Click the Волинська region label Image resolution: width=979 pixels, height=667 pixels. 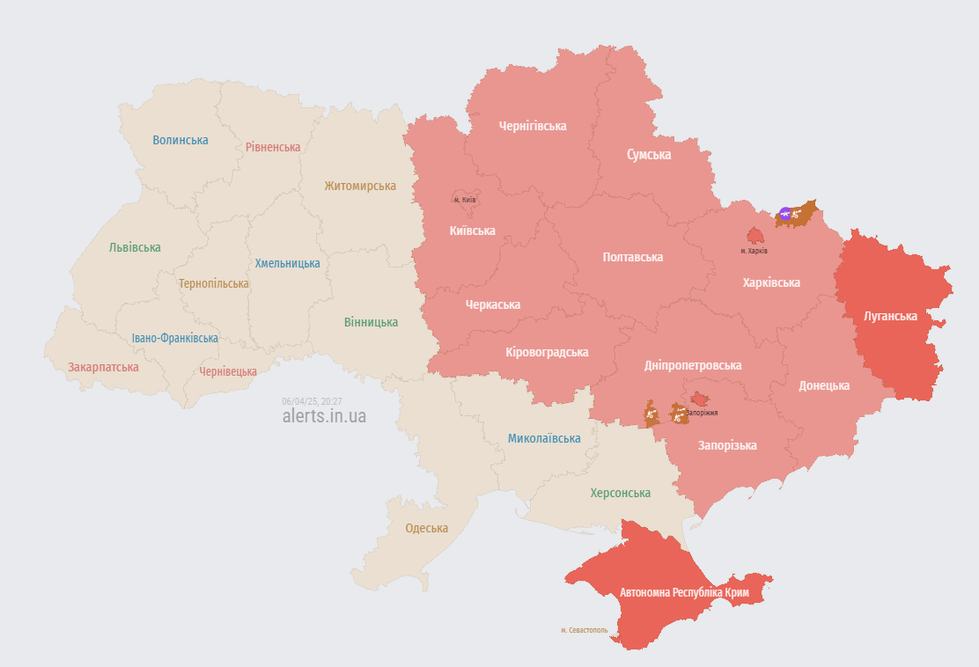(x=180, y=140)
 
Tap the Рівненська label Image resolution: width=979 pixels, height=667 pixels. (x=273, y=147)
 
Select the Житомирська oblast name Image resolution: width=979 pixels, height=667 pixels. (x=360, y=186)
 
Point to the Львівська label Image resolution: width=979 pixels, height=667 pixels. (x=135, y=247)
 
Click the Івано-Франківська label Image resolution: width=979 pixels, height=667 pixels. (x=175, y=338)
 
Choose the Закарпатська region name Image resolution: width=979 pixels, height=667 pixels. (x=103, y=367)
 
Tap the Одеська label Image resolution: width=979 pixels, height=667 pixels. (x=426, y=529)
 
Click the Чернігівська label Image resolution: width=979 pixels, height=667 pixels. (x=533, y=126)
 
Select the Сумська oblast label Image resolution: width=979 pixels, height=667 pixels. (x=649, y=155)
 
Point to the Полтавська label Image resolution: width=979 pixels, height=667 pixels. (x=633, y=257)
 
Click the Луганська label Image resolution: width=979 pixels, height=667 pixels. (x=891, y=316)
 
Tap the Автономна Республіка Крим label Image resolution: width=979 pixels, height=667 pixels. (x=684, y=593)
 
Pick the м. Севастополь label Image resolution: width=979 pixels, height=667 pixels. (x=584, y=630)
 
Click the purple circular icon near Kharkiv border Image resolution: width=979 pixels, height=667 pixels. (x=785, y=213)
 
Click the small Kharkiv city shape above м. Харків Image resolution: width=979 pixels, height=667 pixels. (x=754, y=235)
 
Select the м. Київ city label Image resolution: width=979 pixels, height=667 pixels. (x=464, y=200)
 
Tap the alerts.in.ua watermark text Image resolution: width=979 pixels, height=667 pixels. (x=324, y=416)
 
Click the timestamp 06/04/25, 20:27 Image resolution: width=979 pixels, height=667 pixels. (x=312, y=401)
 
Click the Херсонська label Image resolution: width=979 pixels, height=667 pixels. (x=621, y=493)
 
